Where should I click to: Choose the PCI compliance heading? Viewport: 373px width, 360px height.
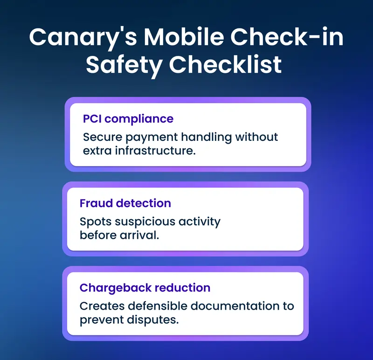point(128,119)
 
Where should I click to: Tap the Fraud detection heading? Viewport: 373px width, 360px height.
point(125,203)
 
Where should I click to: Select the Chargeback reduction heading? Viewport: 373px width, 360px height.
point(145,288)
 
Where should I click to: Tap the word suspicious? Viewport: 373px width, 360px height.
point(145,222)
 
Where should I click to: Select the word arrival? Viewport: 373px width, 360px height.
point(139,235)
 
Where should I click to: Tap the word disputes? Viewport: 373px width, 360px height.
point(154,320)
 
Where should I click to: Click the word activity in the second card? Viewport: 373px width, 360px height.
point(201,222)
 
